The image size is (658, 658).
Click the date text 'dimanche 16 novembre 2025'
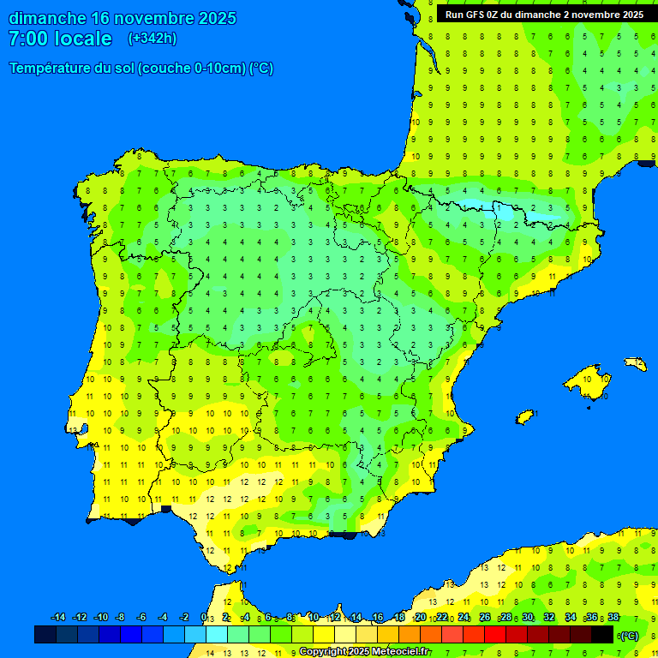click(123, 18)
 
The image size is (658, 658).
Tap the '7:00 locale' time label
click(60, 39)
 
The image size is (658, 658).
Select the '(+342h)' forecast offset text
click(152, 39)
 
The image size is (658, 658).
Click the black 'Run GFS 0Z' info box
click(544, 15)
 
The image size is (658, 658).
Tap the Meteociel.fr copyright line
click(364, 652)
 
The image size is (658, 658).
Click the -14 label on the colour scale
click(58, 618)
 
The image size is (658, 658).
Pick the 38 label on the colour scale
click(613, 618)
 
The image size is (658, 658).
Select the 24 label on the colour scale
click(464, 618)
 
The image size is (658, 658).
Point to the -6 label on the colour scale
click(141, 618)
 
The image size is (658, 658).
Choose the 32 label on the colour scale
click(549, 618)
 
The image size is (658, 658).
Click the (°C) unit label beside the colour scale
click(630, 636)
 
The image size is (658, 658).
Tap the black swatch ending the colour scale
click(602, 635)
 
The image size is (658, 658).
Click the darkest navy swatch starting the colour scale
click(45, 635)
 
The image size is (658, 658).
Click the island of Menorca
click(636, 364)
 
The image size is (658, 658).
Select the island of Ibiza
click(525, 416)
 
